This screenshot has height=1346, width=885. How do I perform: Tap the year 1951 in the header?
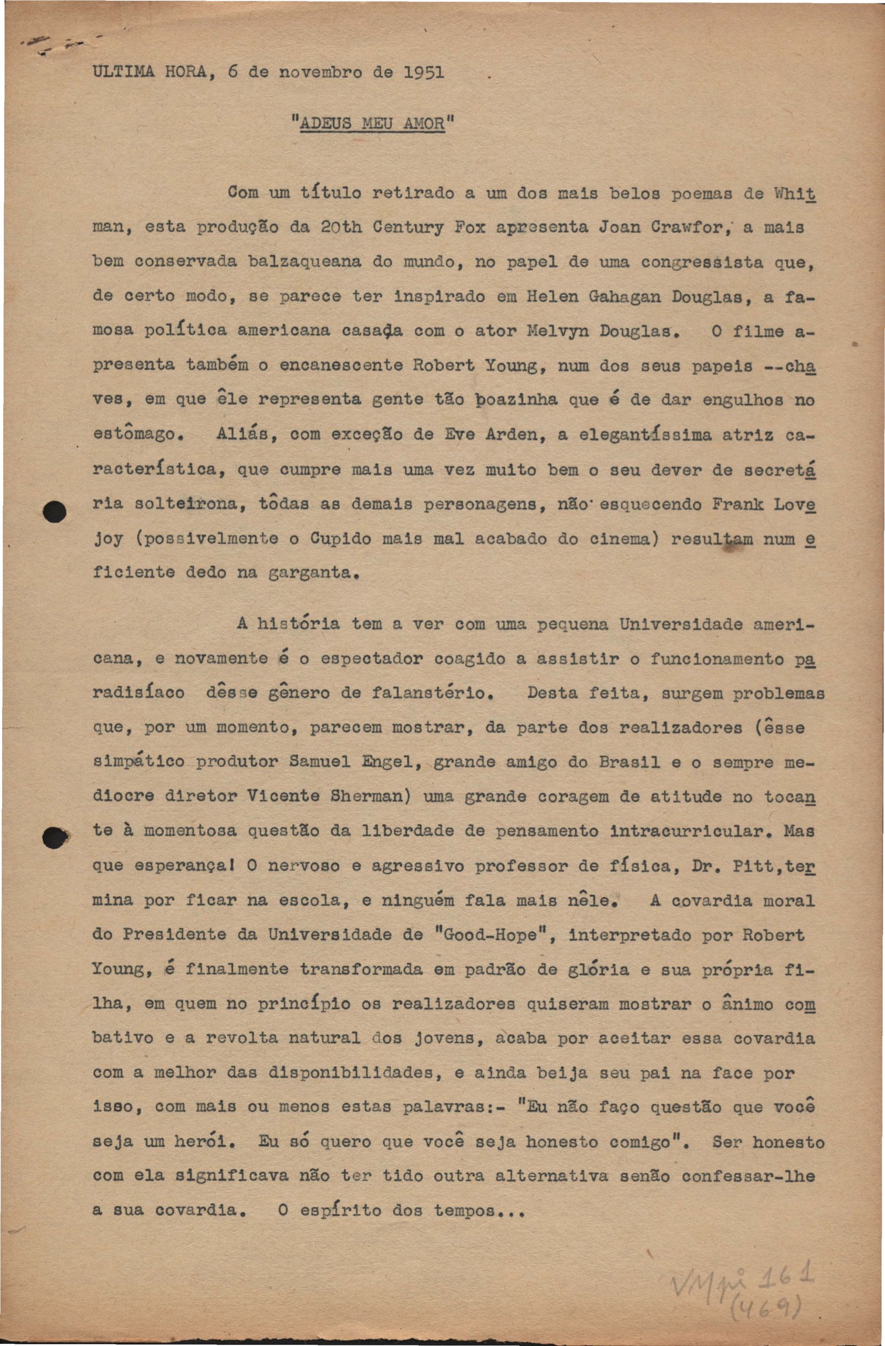pos(423,73)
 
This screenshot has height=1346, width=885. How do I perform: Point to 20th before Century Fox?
pos(340,228)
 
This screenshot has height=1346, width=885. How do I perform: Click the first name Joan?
pos(619,228)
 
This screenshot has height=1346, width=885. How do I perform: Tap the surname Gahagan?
pos(625,297)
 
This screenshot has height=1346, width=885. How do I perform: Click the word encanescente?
pos(340,365)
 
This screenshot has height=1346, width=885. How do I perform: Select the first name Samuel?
pos(320,762)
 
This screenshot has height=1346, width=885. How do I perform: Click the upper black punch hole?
pos(55,511)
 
